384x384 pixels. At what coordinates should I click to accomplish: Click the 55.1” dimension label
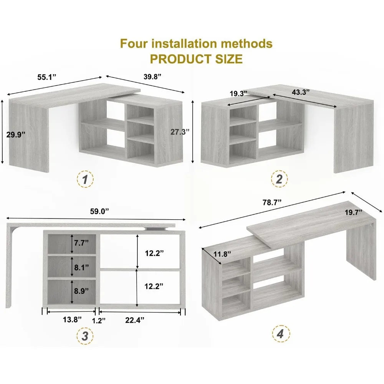click(x=47, y=76)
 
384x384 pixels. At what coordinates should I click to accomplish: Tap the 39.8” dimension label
click(x=152, y=76)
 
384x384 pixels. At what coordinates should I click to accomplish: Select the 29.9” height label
click(x=17, y=134)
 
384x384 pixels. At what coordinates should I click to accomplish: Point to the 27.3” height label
click(x=180, y=131)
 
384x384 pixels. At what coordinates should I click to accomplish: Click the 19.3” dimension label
click(x=238, y=93)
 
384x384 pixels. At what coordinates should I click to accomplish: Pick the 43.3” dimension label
click(x=301, y=92)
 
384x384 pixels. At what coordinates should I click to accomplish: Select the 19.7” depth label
click(x=353, y=213)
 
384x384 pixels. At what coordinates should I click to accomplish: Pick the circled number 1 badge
click(x=85, y=179)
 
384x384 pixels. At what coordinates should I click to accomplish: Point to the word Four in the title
click(x=136, y=43)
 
